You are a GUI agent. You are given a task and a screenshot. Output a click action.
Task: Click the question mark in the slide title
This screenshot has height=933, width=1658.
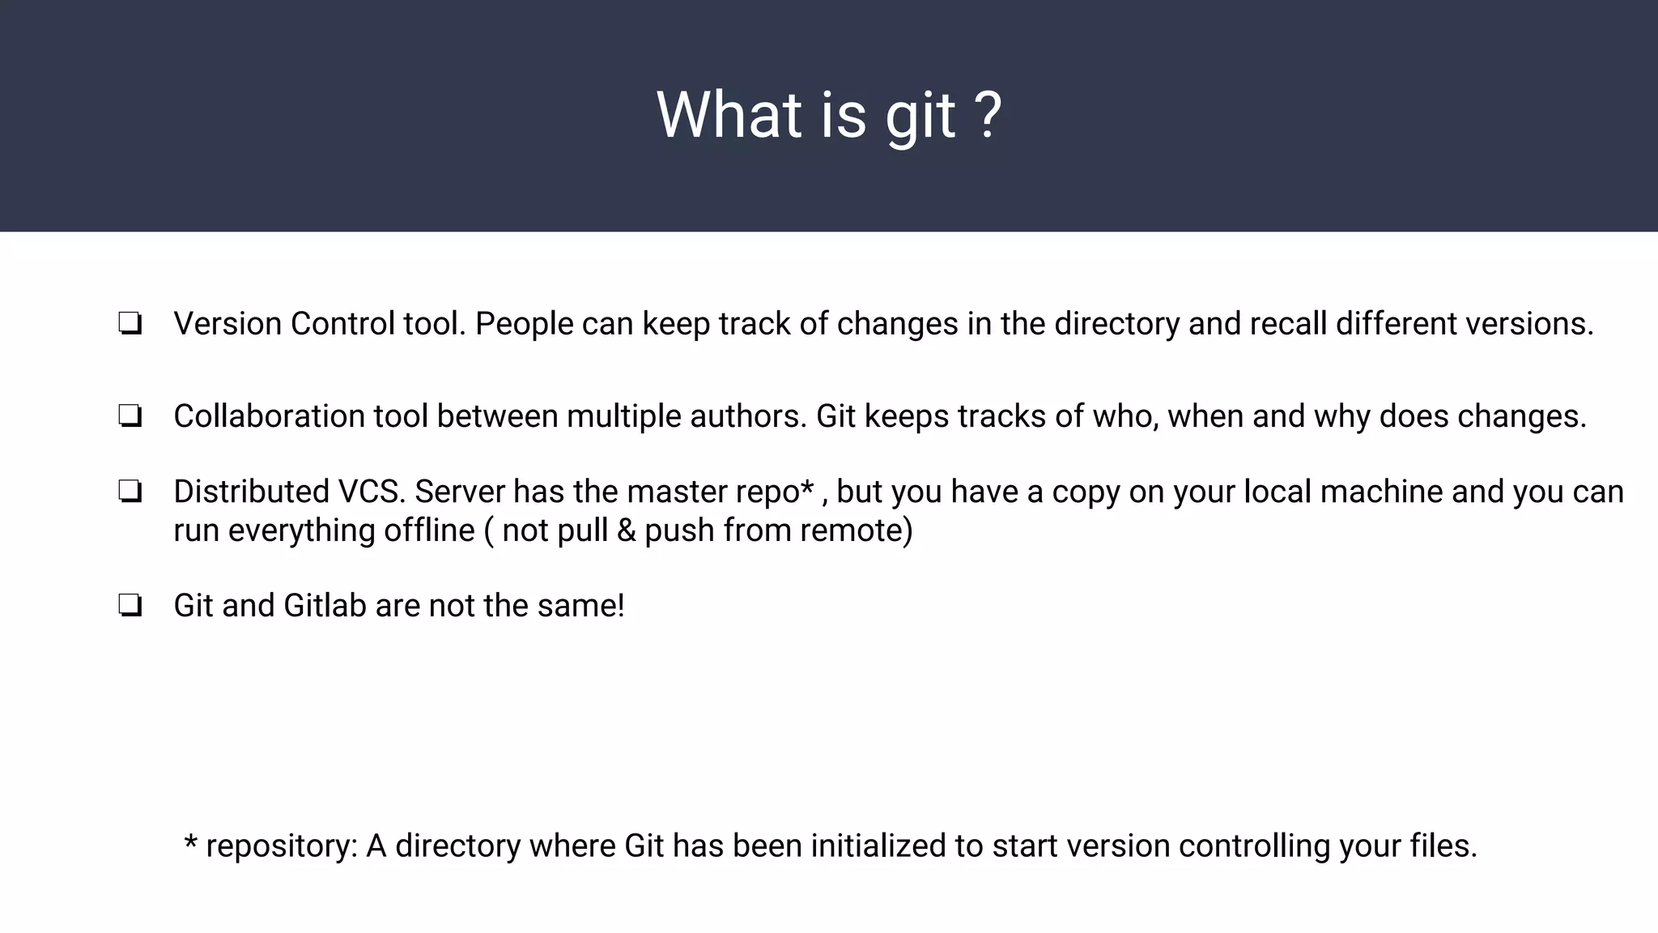[x=987, y=115]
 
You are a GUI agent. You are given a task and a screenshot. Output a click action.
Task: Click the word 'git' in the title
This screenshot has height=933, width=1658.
[x=920, y=117]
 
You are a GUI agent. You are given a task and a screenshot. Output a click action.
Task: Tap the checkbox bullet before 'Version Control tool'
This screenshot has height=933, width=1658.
[x=130, y=324]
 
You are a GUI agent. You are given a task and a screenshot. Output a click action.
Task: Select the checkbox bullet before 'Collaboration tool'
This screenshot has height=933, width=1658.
[x=130, y=416]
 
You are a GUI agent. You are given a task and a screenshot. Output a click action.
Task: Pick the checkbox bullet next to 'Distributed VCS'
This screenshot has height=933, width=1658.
[x=130, y=492]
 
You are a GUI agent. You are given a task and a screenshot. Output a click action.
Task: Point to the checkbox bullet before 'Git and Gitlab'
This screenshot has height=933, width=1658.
[x=130, y=606]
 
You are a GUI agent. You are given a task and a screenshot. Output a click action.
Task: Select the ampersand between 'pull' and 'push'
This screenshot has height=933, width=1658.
[x=626, y=530]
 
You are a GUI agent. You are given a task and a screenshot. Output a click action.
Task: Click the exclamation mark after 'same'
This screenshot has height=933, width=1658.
[x=621, y=606]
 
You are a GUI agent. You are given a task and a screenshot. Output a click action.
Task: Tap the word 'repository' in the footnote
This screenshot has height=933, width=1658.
[x=281, y=846]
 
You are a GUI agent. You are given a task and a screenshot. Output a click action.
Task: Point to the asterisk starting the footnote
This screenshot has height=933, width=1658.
[x=191, y=841]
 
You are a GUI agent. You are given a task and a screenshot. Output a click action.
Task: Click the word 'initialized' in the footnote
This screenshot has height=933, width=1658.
[x=878, y=846]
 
